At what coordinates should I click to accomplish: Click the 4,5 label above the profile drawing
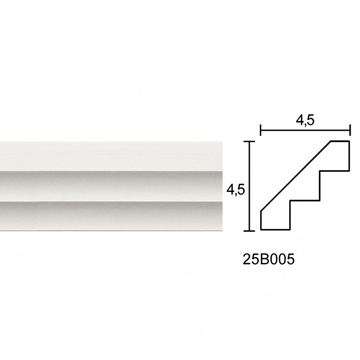pos(305,120)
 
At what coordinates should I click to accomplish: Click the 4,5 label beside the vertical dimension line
pos(236,190)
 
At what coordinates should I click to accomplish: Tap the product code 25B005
pos(269,259)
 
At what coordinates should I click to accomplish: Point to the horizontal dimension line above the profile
pos(305,130)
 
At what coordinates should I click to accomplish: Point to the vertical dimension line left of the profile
pos(249,186)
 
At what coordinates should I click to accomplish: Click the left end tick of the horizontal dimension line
pos(261,130)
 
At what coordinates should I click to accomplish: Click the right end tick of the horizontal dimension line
pos(350,130)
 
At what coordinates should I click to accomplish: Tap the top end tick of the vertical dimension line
pos(249,142)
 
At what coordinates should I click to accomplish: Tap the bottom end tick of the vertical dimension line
pos(249,230)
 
